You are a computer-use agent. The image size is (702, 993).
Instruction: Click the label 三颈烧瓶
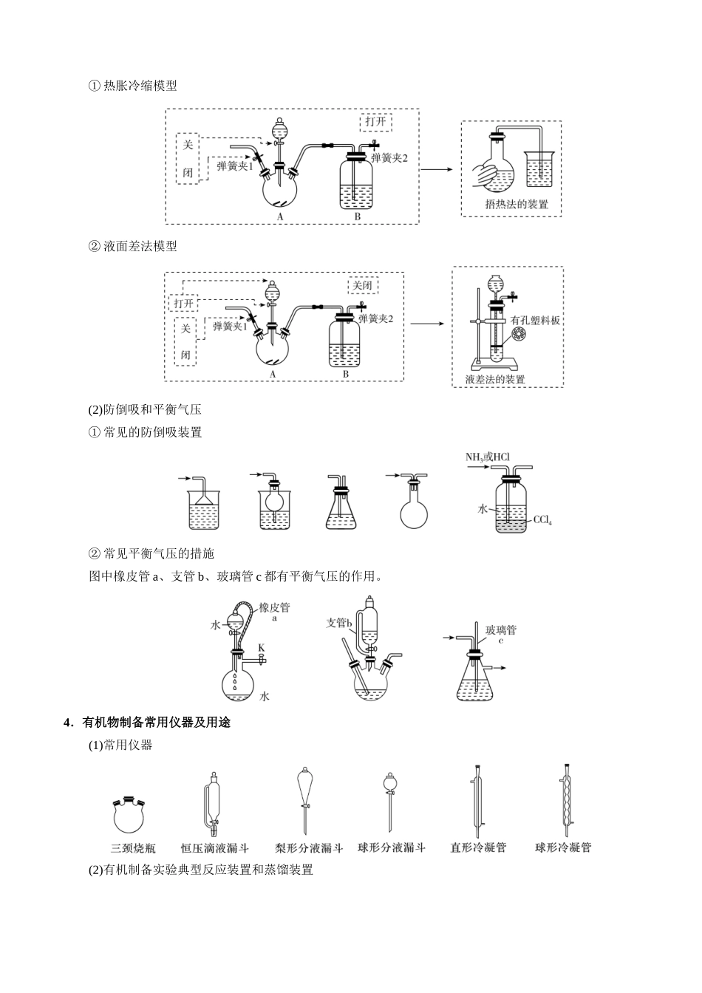tap(133, 848)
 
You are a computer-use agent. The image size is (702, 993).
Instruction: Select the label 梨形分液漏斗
tap(308, 848)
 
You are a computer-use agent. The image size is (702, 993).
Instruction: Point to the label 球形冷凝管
tap(563, 848)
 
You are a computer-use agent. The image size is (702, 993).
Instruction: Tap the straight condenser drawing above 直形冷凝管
tap(477, 802)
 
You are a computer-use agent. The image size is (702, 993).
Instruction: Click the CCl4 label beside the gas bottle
tap(542, 520)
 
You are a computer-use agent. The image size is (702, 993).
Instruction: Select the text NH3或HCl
tap(487, 457)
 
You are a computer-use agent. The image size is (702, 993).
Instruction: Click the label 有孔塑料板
tap(536, 321)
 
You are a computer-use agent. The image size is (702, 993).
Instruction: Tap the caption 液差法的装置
tap(495, 379)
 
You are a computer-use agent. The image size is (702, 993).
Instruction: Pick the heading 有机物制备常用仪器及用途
tap(156, 722)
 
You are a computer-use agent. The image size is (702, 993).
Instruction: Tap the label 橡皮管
tap(274, 607)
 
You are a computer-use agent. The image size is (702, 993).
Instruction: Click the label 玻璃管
tap(500, 629)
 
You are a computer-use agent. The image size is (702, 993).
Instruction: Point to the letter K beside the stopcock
tap(261, 649)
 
